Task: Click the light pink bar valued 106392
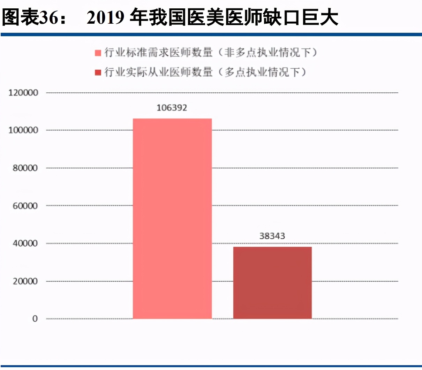(x=172, y=218)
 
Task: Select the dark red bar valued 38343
(x=272, y=283)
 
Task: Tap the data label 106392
(x=172, y=108)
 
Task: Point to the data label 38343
(x=272, y=236)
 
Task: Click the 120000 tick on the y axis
(x=23, y=93)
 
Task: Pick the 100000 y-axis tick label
(x=23, y=130)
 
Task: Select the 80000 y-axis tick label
(x=25, y=168)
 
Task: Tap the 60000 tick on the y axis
(x=25, y=206)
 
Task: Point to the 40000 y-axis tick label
(x=25, y=243)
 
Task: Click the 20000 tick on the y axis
(x=25, y=281)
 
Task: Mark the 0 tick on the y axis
(x=35, y=318)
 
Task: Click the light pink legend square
(x=98, y=53)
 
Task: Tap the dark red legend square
(x=98, y=72)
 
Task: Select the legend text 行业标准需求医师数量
(x=159, y=53)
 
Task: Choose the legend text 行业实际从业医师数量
(x=159, y=72)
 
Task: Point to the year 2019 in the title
(x=106, y=17)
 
